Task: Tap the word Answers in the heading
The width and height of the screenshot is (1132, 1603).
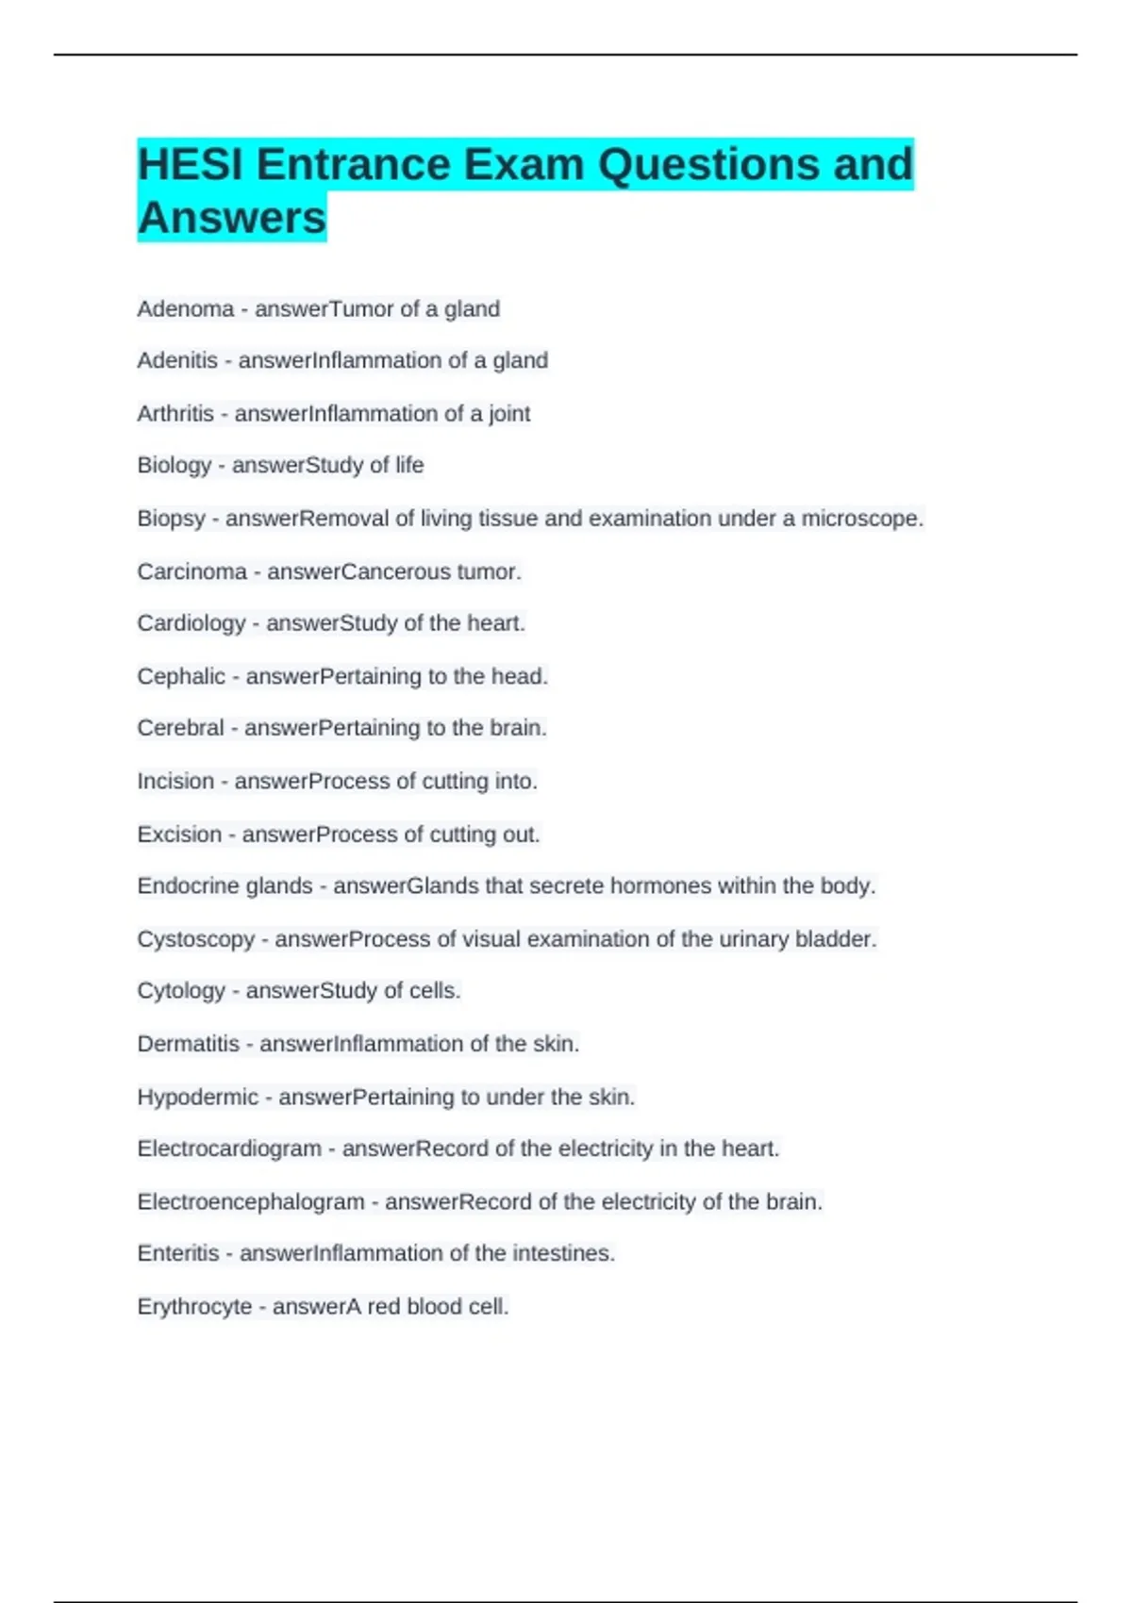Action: point(232,218)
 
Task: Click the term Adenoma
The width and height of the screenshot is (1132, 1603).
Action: point(185,308)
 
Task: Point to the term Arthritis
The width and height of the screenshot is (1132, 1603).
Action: point(175,413)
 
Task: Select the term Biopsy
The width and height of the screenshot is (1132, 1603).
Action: point(171,519)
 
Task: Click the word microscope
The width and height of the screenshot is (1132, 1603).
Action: point(860,519)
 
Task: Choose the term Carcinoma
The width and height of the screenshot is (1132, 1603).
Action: point(191,571)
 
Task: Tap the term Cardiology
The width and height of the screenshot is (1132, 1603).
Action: point(191,623)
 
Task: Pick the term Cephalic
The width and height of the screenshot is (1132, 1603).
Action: point(181,676)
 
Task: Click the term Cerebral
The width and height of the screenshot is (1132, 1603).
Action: point(180,728)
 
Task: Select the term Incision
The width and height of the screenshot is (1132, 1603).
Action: point(175,781)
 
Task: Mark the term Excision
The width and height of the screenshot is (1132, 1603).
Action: point(179,835)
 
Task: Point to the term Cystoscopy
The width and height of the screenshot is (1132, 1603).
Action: point(196,939)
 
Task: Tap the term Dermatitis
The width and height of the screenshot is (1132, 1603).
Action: point(189,1044)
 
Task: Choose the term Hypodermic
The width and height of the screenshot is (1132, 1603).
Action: point(197,1097)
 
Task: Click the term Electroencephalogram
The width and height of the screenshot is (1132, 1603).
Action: point(251,1201)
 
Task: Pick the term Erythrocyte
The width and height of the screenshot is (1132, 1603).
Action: point(194,1307)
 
